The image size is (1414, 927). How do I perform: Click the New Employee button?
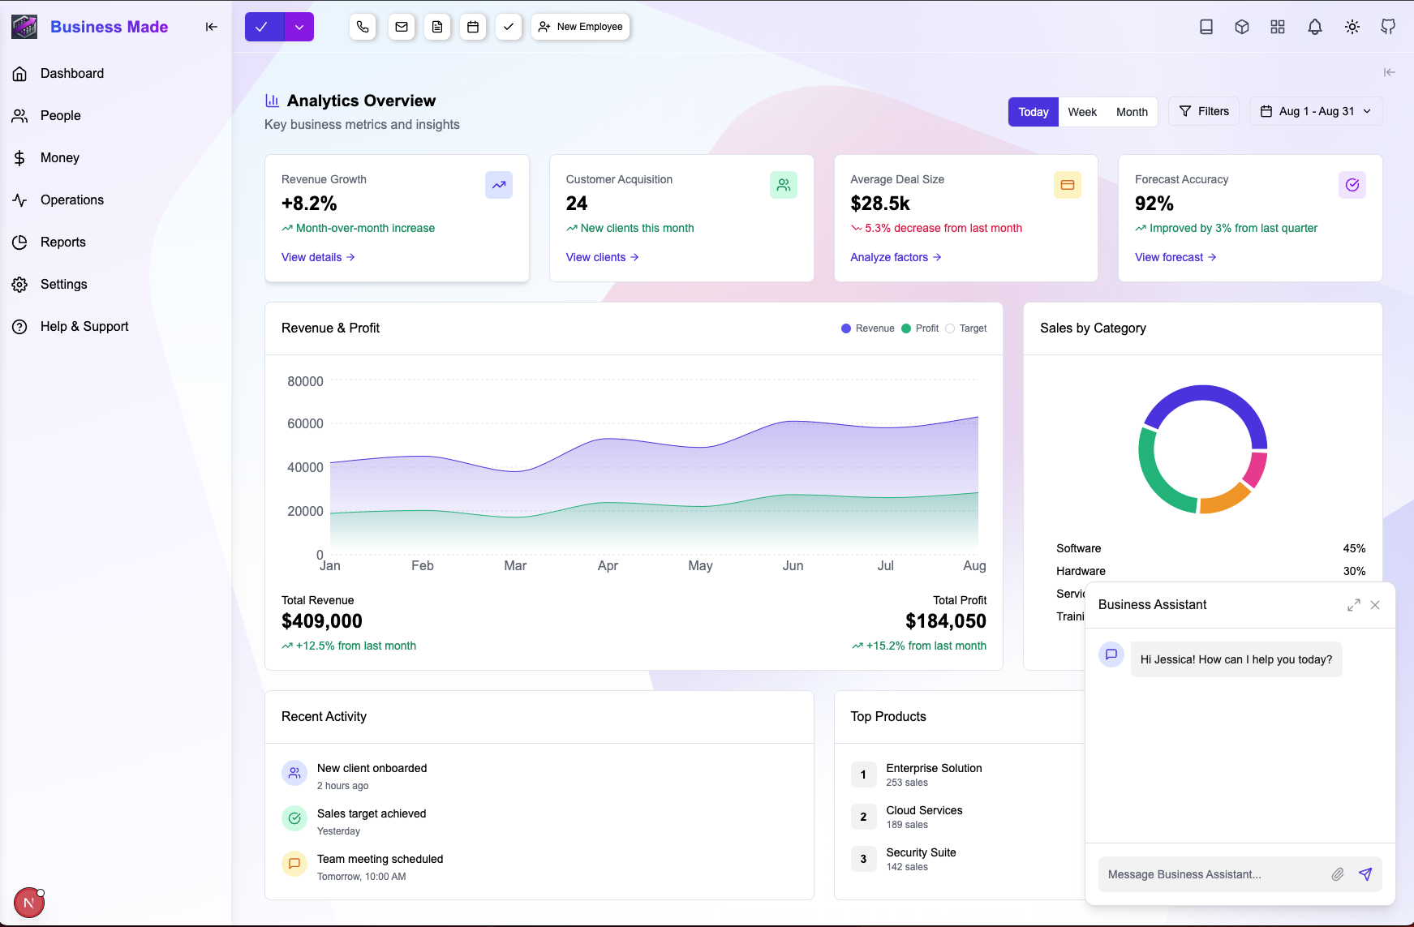coord(581,27)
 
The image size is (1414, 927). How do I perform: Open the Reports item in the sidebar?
coord(62,242)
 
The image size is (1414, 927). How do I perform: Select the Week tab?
coord(1081,112)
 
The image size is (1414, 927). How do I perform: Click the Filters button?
coord(1204,111)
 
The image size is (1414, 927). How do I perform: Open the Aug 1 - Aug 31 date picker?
coord(1315,111)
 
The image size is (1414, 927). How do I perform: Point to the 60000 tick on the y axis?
coord(305,423)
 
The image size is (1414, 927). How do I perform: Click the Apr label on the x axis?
coord(608,565)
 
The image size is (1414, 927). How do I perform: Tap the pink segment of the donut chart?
coord(1256,470)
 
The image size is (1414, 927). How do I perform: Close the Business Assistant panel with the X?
coord(1375,605)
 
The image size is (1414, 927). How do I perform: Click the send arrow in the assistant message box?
coord(1365,874)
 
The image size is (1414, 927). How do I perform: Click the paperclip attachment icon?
coord(1338,874)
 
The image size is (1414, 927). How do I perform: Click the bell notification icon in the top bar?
coord(1315,27)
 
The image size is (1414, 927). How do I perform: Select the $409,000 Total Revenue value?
coord(322,621)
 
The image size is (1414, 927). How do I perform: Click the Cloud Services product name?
coord(924,810)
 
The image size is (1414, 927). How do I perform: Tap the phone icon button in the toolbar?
coord(363,27)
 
